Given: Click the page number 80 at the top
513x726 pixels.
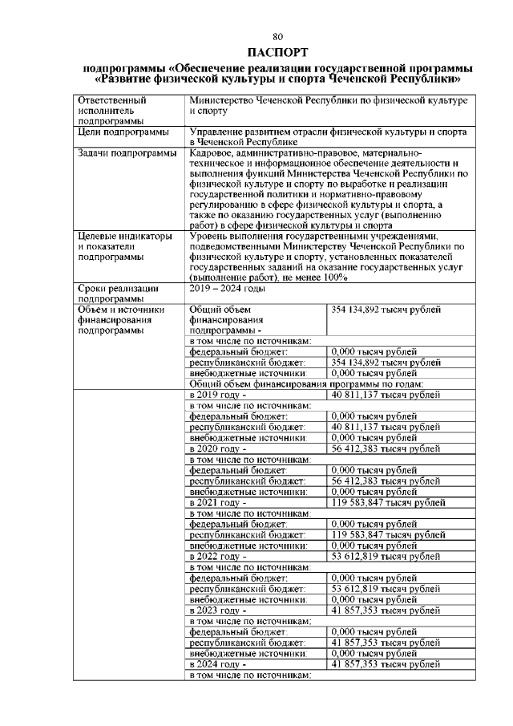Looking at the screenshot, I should (x=277, y=37).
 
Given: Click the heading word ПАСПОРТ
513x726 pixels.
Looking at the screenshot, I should (x=277, y=51).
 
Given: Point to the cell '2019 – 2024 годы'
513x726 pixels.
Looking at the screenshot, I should (x=227, y=287).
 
